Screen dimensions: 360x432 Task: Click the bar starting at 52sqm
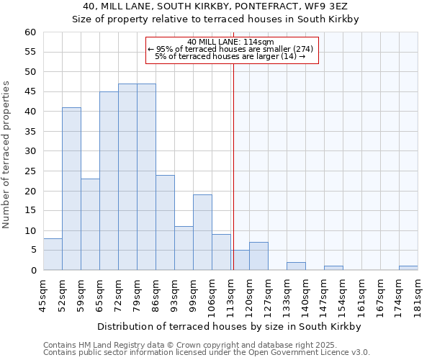pyautogui.click(x=71, y=189)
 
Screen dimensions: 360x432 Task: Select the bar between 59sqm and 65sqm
pyautogui.click(x=90, y=225)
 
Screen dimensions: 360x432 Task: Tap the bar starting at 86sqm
pyautogui.click(x=165, y=222)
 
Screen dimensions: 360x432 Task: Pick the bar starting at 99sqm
pyautogui.click(x=202, y=233)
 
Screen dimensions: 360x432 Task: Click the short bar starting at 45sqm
pyautogui.click(x=53, y=254)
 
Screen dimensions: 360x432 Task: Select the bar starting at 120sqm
pyautogui.click(x=258, y=256)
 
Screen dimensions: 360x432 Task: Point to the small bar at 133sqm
pyautogui.click(x=296, y=266)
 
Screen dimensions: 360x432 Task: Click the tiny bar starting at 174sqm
pyautogui.click(x=408, y=268)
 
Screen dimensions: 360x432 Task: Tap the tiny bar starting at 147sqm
pyautogui.click(x=333, y=268)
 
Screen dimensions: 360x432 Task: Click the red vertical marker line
pyautogui.click(x=233, y=166)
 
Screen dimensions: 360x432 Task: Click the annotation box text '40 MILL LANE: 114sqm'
pyautogui.click(x=230, y=42)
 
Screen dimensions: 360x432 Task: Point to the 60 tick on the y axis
pyautogui.click(x=30, y=32)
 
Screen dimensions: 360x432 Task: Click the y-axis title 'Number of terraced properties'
pyautogui.click(x=6, y=154)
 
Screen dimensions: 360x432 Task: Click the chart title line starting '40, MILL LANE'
pyautogui.click(x=216, y=6)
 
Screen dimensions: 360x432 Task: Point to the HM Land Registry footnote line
pyautogui.click(x=186, y=345)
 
